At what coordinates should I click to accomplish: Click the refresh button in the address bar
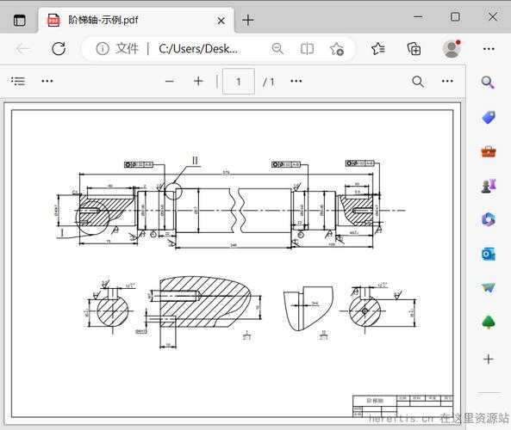point(59,49)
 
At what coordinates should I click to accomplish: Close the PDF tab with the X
point(221,20)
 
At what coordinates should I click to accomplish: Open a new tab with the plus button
point(248,20)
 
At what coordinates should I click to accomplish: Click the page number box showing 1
point(239,82)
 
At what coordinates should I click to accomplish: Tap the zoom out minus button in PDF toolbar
point(170,82)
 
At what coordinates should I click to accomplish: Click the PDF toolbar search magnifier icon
point(418,82)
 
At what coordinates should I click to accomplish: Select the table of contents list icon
point(18,82)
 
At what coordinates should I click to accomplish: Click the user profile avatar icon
point(452,49)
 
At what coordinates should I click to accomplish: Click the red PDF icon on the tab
point(53,20)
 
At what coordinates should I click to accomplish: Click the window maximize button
point(455,17)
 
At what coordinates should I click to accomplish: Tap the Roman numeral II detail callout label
point(196,161)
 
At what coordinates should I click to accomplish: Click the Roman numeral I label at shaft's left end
point(62,231)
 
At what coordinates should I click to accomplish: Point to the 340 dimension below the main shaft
point(234,245)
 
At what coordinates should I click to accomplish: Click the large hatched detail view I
point(203,306)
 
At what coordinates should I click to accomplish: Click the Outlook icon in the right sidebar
point(489,254)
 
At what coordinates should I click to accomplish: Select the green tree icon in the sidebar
point(489,322)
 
